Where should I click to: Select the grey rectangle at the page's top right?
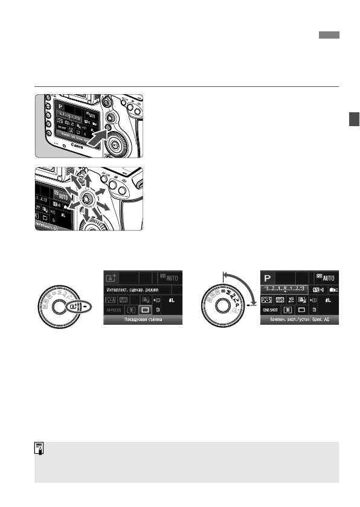[x=329, y=36]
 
